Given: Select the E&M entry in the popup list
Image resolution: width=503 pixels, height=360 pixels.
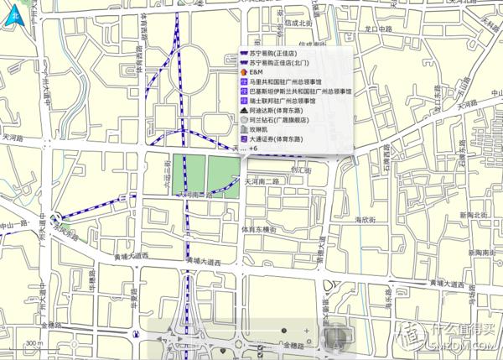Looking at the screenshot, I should coord(256,73).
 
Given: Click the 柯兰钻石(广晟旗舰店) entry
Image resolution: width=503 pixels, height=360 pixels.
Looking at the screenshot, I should coord(286,119).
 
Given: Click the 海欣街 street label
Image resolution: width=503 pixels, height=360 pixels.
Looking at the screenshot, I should coord(363,220).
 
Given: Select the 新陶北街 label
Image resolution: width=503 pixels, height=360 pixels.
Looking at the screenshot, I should coord(474,216).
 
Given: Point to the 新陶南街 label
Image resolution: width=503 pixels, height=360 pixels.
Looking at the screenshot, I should coord(484,252).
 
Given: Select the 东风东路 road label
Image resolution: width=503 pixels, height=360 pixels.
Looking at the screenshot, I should coord(62,228).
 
